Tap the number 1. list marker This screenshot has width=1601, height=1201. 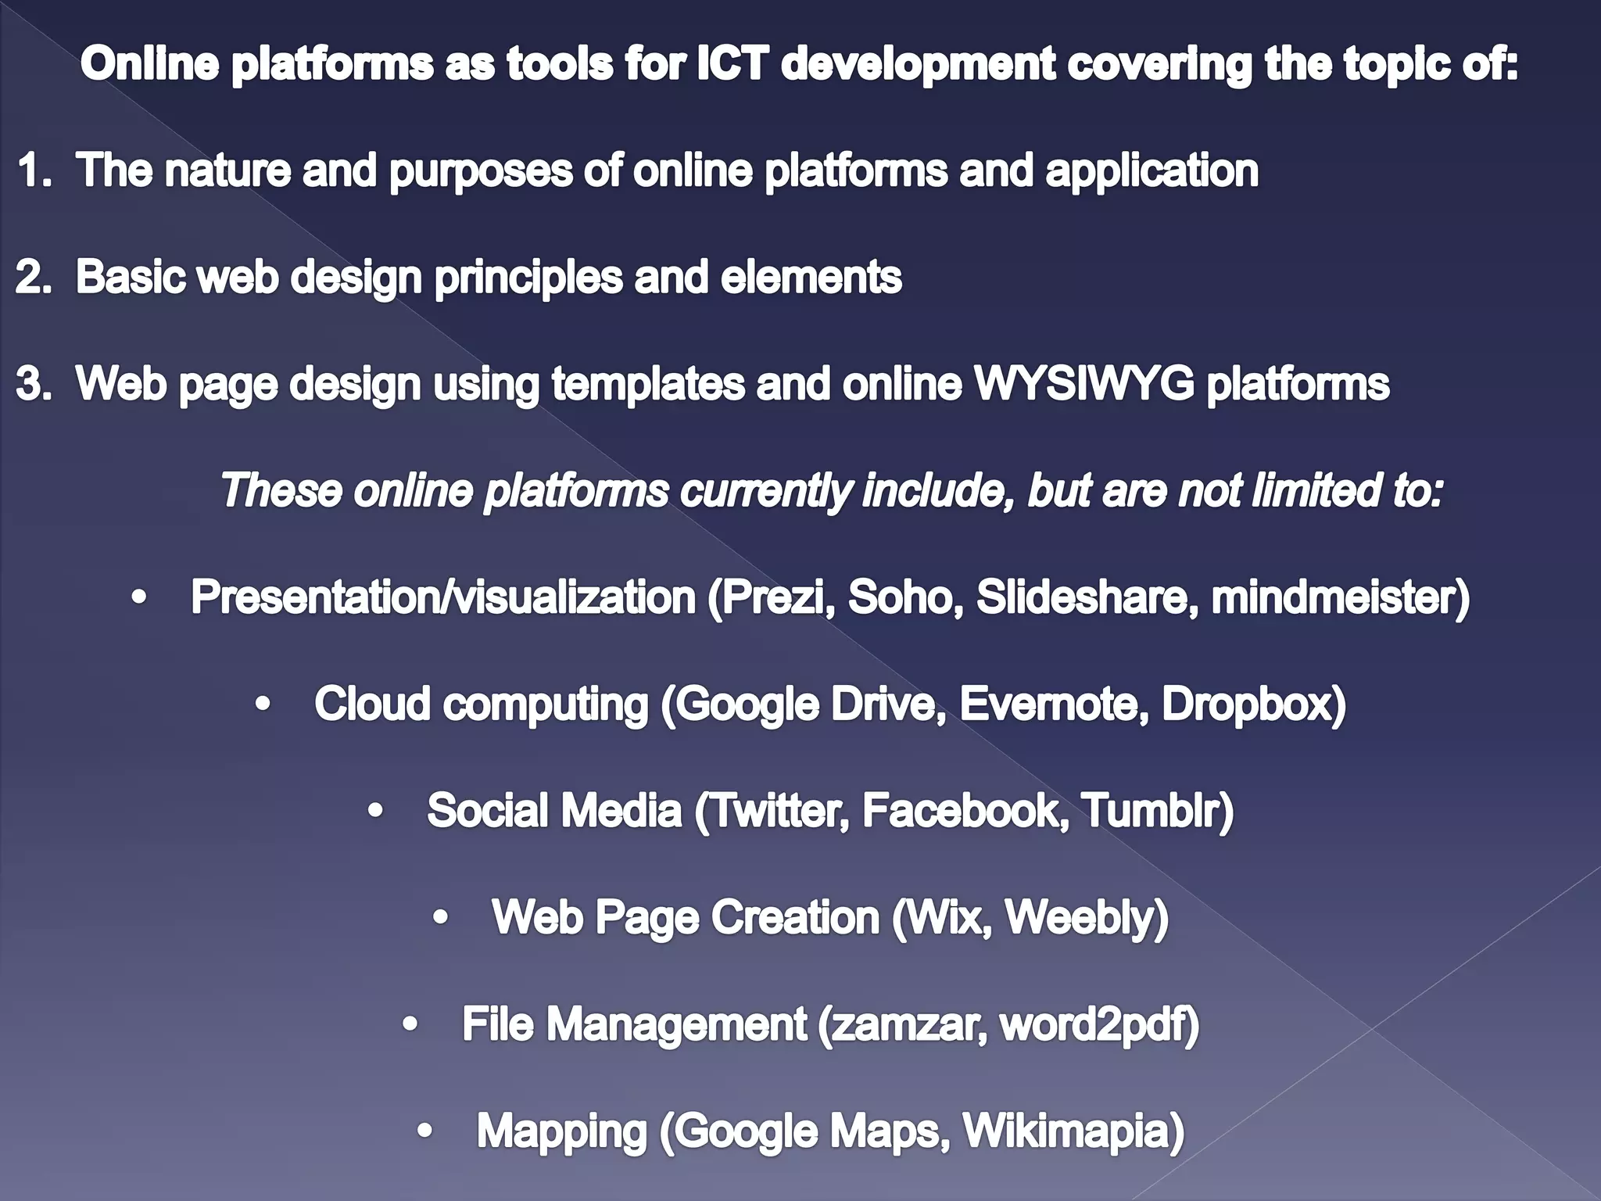[x=34, y=170]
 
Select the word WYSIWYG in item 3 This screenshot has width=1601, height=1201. [x=1083, y=383]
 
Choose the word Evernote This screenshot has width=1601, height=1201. [x=1053, y=704]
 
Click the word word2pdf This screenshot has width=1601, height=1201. [x=1092, y=1024]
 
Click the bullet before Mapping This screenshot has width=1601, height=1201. [x=424, y=1131]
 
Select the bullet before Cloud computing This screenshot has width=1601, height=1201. [x=263, y=704]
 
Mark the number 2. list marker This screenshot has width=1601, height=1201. [x=34, y=277]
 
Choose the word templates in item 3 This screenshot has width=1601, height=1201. [x=648, y=383]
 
